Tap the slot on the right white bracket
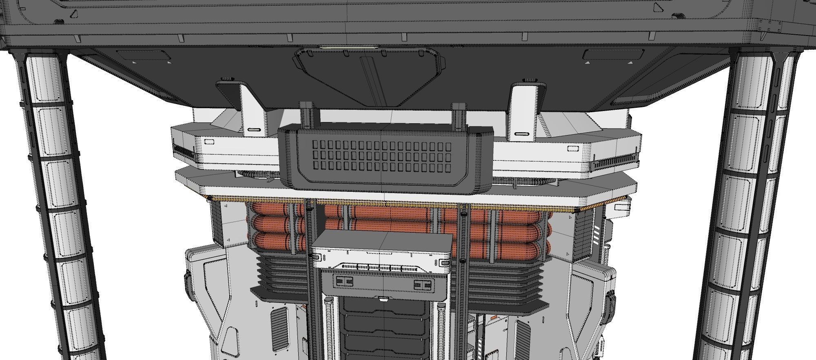(x=521, y=134)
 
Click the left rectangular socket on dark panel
(x=344, y=281)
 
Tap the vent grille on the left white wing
(x=185, y=151)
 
